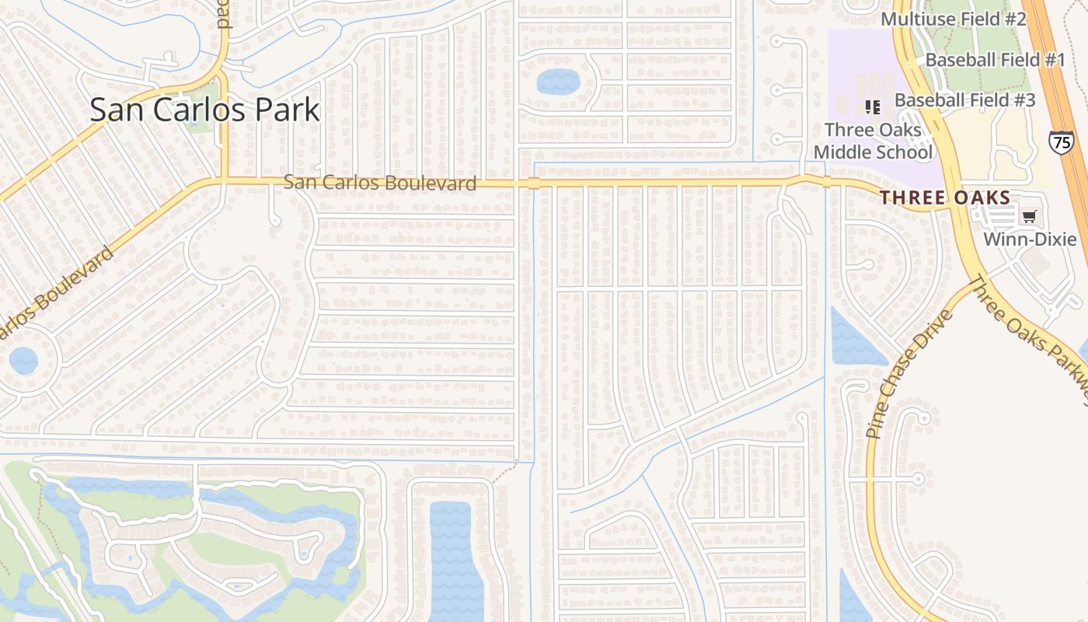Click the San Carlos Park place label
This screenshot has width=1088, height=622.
(204, 110)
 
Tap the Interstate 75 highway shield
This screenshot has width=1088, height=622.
(1060, 142)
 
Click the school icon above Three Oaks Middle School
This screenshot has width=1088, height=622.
(872, 107)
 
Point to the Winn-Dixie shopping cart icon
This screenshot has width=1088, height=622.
(1030, 217)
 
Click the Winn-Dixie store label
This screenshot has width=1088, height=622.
(1030, 239)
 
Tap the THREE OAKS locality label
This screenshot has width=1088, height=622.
(945, 198)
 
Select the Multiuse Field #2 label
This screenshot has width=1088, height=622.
(954, 19)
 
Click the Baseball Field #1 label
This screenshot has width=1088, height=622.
(995, 60)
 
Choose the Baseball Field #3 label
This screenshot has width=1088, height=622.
(964, 100)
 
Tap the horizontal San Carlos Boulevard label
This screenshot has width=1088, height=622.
(379, 183)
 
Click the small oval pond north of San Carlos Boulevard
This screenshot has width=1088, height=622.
(558, 81)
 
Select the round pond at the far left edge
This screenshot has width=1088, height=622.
(23, 361)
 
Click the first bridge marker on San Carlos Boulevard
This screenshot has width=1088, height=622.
(533, 183)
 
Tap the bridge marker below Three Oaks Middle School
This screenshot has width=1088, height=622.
(826, 182)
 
